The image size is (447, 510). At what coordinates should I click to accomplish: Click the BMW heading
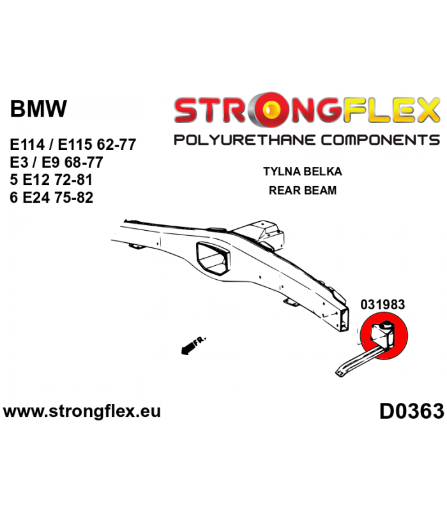(38, 108)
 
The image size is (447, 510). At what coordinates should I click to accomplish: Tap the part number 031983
(383, 305)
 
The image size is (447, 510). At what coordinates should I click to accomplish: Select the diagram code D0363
(411, 411)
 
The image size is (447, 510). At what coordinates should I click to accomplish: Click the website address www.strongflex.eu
(82, 411)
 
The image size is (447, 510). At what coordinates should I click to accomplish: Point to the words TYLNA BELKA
(302, 171)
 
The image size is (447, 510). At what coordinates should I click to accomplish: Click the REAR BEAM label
(302, 190)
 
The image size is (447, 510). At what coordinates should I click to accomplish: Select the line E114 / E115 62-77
(73, 145)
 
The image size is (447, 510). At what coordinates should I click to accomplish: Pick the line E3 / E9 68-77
(56, 162)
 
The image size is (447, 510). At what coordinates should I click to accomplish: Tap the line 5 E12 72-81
(51, 180)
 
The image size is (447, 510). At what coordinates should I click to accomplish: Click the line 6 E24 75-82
(52, 197)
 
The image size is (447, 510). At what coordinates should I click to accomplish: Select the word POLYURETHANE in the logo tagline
(245, 140)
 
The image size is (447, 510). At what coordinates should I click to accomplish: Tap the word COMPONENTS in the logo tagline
(380, 140)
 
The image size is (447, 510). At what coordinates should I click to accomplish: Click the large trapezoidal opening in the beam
(213, 259)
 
